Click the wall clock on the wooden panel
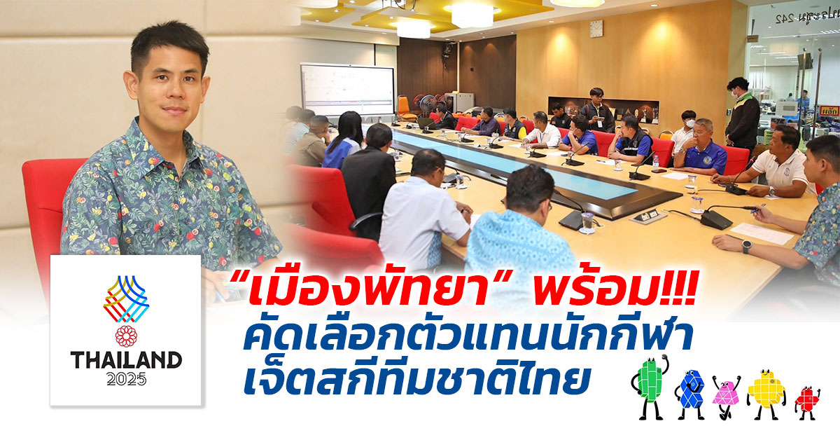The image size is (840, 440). [x=596, y=29]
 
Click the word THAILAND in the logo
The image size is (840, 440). [x=127, y=360]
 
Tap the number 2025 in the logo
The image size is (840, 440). [x=127, y=379]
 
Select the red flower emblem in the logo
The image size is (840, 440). [x=126, y=336]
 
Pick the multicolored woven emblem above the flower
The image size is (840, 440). [x=126, y=299]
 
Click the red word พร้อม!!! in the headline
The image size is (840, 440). [x=616, y=290]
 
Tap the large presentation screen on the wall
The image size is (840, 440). [x=348, y=90]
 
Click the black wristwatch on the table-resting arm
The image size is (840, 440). [x=746, y=247]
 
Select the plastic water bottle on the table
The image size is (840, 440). [x=655, y=162]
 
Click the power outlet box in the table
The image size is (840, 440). [x=647, y=216]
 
